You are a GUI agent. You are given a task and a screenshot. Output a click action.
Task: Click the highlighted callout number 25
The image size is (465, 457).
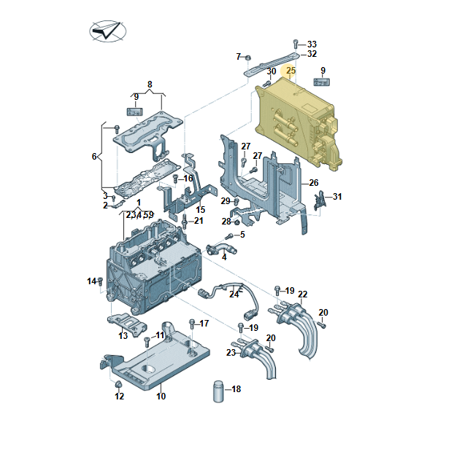291,71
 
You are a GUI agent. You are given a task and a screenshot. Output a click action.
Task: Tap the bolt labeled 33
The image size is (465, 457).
296,44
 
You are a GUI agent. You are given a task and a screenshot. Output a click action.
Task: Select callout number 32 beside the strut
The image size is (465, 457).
312,54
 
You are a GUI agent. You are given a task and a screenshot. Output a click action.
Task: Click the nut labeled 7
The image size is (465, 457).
248,57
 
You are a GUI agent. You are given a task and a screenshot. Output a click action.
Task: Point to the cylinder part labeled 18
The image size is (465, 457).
218,391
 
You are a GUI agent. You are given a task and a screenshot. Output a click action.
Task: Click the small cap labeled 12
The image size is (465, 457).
118,384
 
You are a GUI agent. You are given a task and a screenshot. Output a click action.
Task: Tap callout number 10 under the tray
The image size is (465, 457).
161,396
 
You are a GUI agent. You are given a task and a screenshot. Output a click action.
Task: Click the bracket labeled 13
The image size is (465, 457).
127,324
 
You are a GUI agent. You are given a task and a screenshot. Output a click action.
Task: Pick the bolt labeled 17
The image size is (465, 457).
192,324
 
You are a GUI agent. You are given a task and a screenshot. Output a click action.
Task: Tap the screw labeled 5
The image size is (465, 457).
229,236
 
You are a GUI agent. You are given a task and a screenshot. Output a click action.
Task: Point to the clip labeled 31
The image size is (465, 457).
320,200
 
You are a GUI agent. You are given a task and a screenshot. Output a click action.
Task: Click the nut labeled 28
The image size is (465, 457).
237,222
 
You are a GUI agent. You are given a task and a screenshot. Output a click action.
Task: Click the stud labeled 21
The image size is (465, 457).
185,222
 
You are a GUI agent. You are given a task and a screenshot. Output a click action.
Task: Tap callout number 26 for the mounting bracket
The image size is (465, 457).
314,183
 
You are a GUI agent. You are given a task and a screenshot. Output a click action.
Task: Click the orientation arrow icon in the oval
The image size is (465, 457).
107,30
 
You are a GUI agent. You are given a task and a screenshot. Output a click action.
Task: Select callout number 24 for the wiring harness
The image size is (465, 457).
234,294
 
